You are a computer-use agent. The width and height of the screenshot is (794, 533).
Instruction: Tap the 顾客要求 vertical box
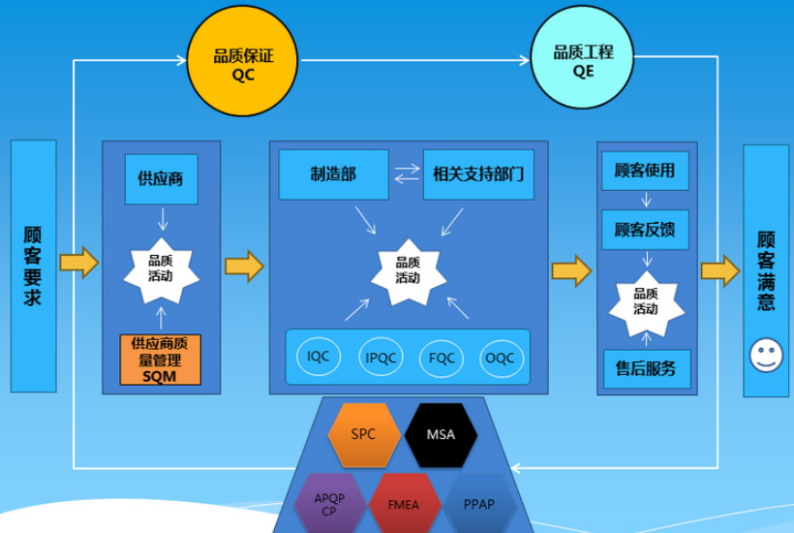[x=33, y=266]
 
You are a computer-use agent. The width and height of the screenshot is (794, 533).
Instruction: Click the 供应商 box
[x=161, y=178]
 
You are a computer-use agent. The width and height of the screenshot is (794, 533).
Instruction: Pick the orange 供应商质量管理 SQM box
[x=161, y=360]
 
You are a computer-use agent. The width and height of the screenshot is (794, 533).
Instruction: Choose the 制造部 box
[x=333, y=174]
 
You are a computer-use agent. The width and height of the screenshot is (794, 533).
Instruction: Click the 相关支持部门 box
[x=478, y=174]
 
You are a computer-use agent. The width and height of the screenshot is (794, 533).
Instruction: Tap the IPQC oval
[x=381, y=357]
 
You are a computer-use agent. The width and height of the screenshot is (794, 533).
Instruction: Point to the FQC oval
[x=443, y=357]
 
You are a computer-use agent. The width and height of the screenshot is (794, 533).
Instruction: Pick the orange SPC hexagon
[x=363, y=435]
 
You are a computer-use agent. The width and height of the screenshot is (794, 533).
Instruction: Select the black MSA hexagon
[x=441, y=435]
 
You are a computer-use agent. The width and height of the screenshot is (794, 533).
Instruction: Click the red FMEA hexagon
[x=405, y=504]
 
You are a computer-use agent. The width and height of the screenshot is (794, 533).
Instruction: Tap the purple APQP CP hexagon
[x=329, y=504]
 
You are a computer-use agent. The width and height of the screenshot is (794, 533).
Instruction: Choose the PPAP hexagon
[x=480, y=504]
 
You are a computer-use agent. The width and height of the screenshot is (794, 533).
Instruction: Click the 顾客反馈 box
[x=645, y=230]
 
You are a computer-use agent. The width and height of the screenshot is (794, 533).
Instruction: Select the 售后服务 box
[x=645, y=368]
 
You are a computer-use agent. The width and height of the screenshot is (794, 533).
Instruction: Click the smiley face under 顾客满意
[x=766, y=355]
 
